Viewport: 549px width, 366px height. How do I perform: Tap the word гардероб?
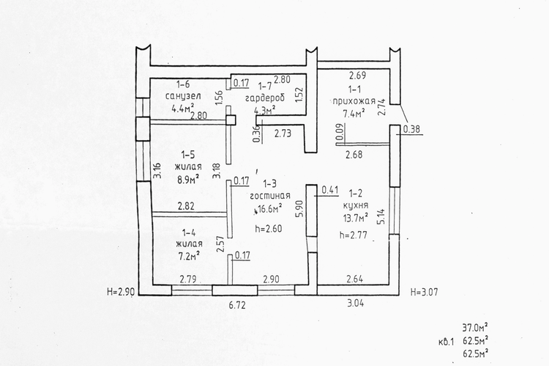point(265,98)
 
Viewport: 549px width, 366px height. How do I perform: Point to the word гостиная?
point(270,196)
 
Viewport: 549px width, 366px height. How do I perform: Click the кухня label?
point(356,205)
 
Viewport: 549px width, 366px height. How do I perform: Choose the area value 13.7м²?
point(355,218)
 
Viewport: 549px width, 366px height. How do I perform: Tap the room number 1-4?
point(189,233)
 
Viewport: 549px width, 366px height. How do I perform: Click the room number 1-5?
point(187,155)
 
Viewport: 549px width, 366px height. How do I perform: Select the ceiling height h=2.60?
point(269,229)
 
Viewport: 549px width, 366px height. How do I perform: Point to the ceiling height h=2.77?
point(354,235)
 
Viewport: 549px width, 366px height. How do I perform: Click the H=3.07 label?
point(424,292)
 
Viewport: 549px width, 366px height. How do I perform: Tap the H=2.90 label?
point(121,292)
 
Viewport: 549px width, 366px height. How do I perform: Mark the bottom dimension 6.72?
point(237,305)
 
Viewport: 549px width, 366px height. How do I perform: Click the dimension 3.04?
point(355,303)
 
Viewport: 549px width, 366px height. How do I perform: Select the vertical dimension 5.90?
point(299,209)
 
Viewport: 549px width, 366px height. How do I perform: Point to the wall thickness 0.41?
point(330,190)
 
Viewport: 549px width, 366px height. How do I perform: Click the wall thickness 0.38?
point(411,129)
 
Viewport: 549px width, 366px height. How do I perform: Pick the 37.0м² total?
point(476,328)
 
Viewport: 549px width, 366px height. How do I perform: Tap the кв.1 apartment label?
point(446,342)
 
